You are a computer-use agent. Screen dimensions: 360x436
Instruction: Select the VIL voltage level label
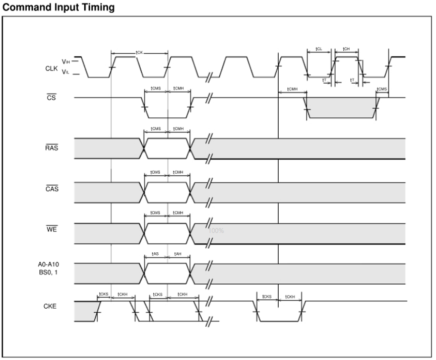click(66, 73)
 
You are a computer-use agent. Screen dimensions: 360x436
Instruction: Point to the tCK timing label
click(140, 52)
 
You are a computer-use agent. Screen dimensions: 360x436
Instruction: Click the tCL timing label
click(319, 49)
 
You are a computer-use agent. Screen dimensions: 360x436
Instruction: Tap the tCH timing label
click(346, 49)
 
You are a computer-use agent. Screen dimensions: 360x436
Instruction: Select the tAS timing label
click(155, 254)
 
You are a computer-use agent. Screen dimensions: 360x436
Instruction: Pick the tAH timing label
click(177, 254)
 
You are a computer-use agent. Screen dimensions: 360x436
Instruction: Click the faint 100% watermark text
click(216, 231)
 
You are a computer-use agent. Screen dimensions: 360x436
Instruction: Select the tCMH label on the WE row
click(178, 213)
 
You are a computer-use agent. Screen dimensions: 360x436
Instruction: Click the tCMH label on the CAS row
click(178, 172)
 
